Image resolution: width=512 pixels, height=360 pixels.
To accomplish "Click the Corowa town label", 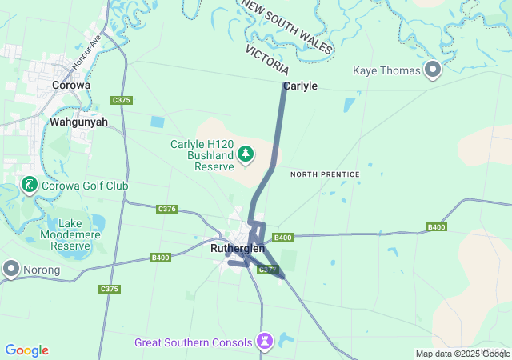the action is click(70, 85).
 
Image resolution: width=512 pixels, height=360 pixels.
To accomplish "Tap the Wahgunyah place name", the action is click(79, 122).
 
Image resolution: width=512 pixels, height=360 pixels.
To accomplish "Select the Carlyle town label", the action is click(300, 86).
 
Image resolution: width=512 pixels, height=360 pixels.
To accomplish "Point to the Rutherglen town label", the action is click(238, 249).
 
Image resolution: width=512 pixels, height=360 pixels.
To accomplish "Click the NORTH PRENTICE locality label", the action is click(325, 174).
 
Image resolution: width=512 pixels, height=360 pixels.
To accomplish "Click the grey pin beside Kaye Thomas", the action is click(433, 70).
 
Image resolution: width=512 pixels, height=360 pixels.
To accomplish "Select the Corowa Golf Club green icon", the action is click(29, 186).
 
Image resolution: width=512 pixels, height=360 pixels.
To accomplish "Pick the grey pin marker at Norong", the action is click(11, 270).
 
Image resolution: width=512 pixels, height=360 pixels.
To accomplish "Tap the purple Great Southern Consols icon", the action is click(265, 342).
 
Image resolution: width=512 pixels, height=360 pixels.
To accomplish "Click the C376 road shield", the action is click(167, 209).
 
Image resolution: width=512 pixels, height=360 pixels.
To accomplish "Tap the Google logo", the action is click(26, 350).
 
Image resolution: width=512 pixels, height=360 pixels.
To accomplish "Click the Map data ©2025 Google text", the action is click(462, 354).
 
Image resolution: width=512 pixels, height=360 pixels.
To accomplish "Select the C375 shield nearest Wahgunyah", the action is click(122, 100).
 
